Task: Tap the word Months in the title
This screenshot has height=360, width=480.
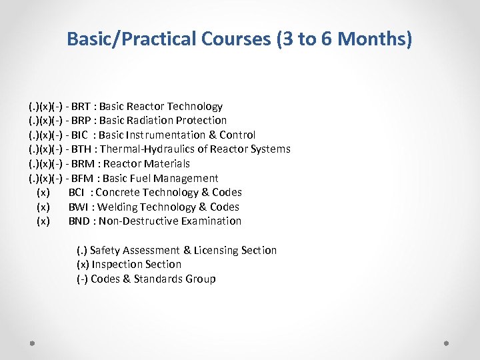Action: coord(374,39)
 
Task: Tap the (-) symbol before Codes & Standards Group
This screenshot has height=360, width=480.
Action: coord(82,279)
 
